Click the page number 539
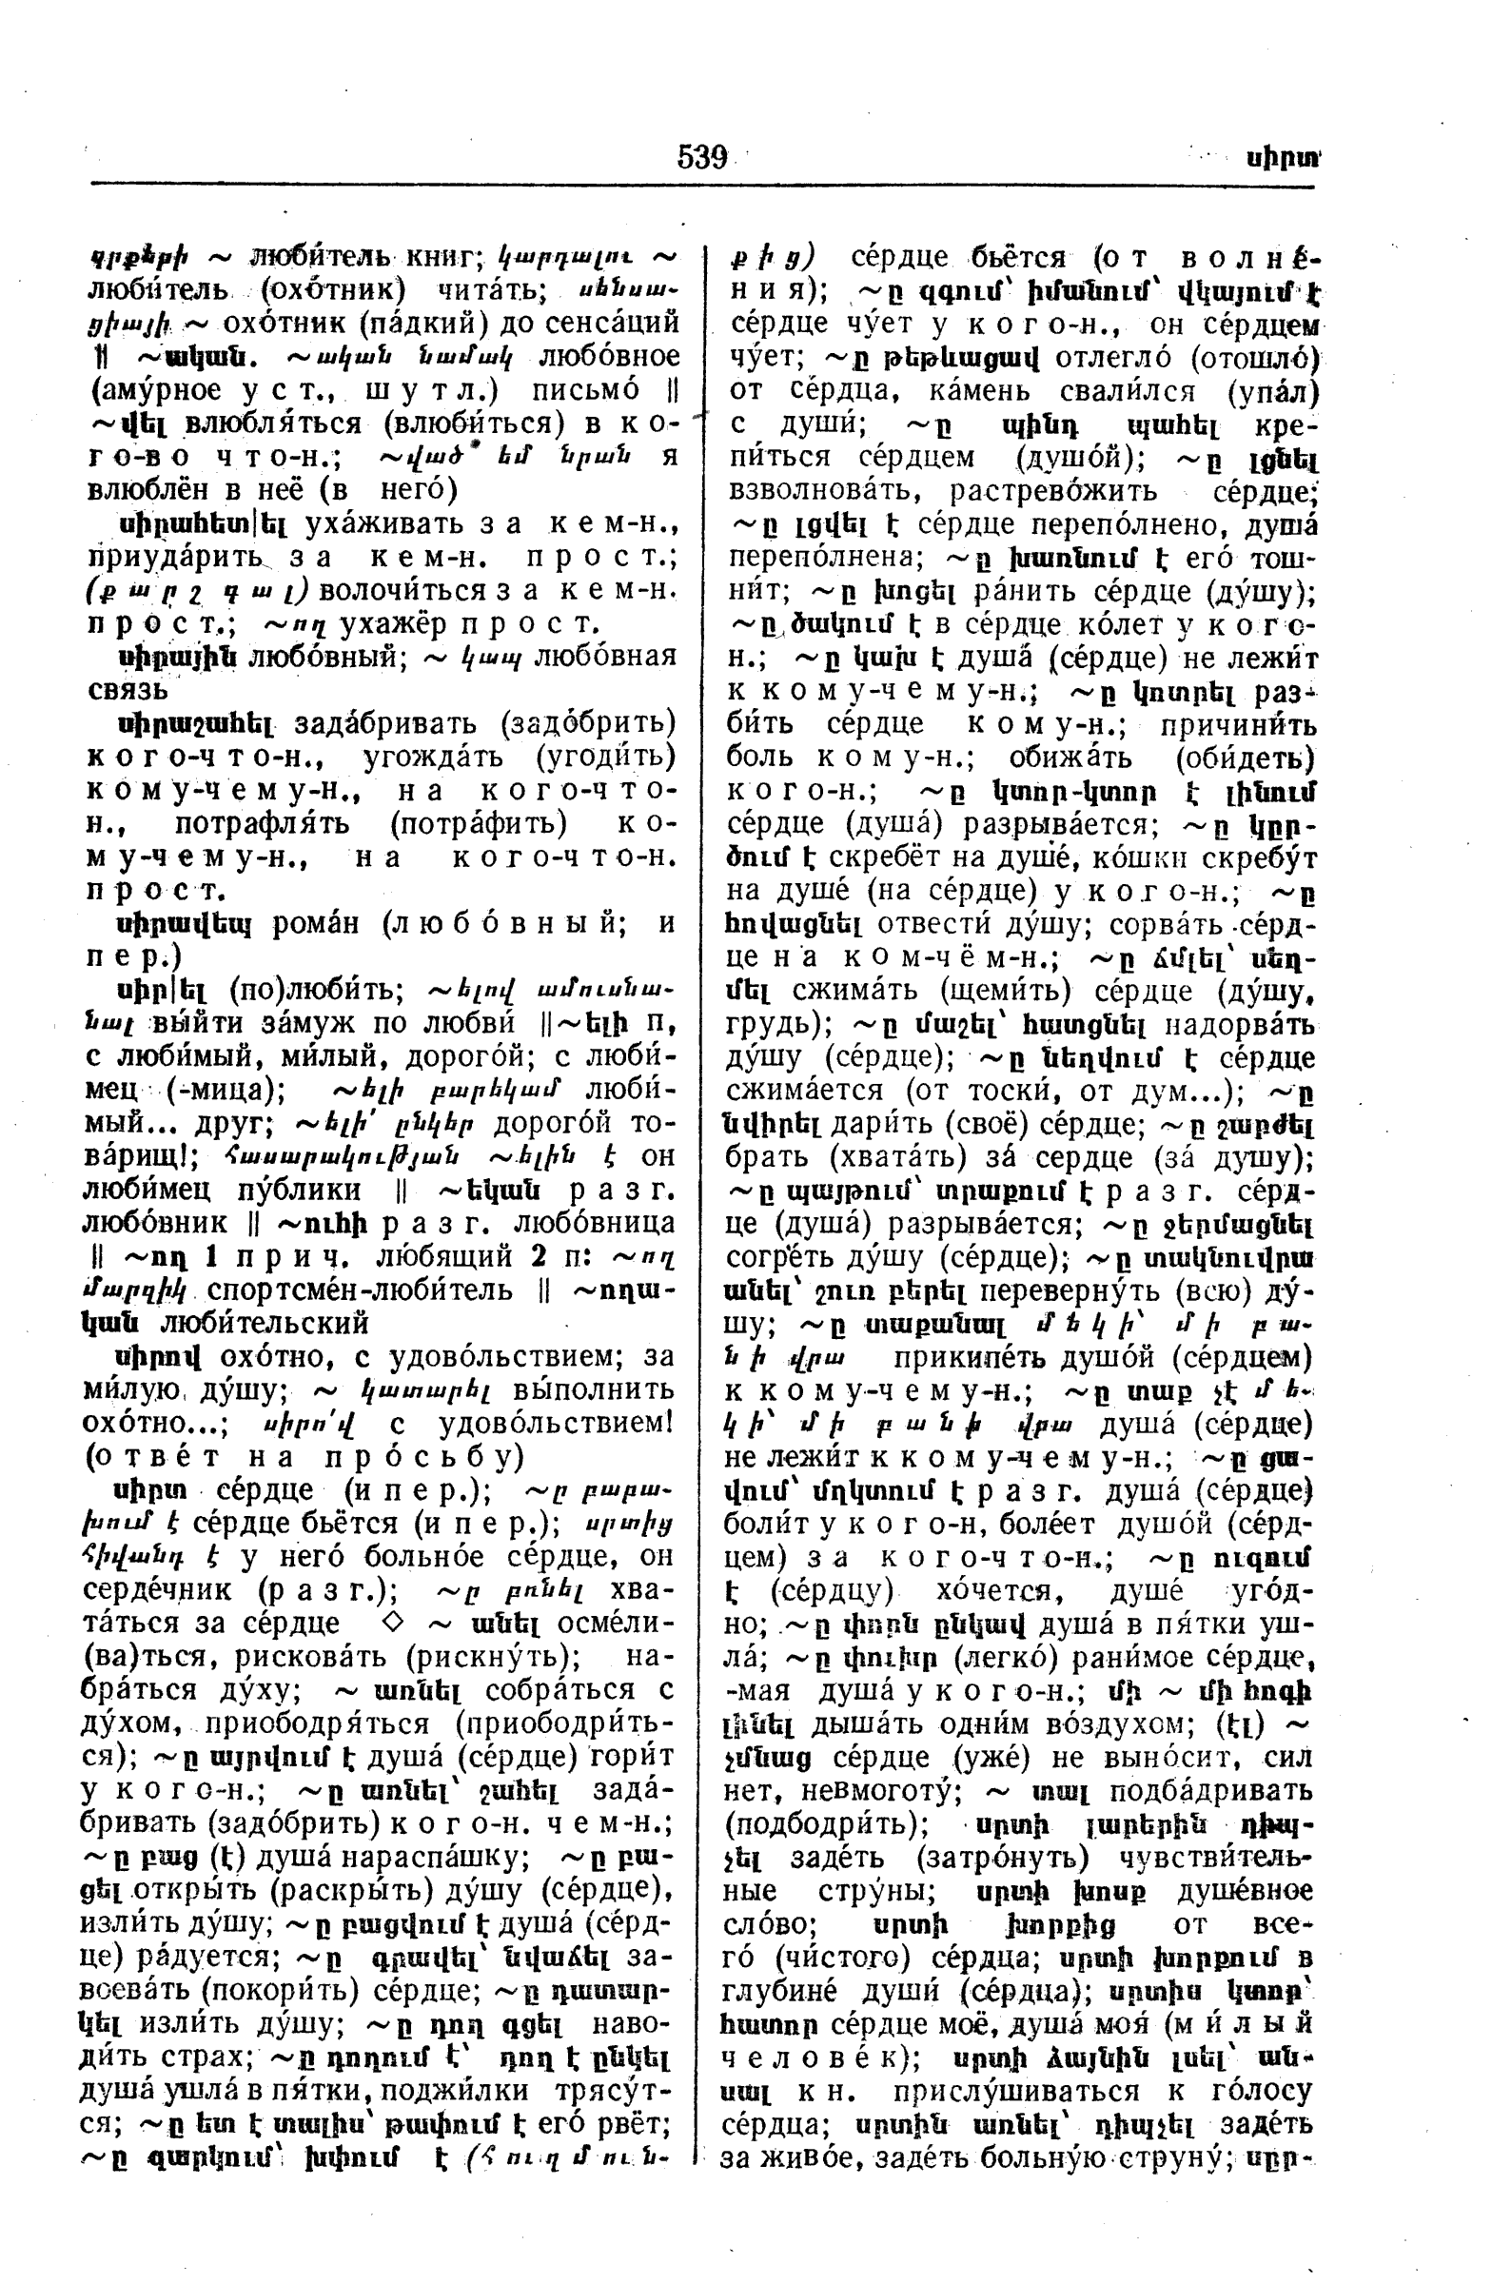click(x=701, y=156)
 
